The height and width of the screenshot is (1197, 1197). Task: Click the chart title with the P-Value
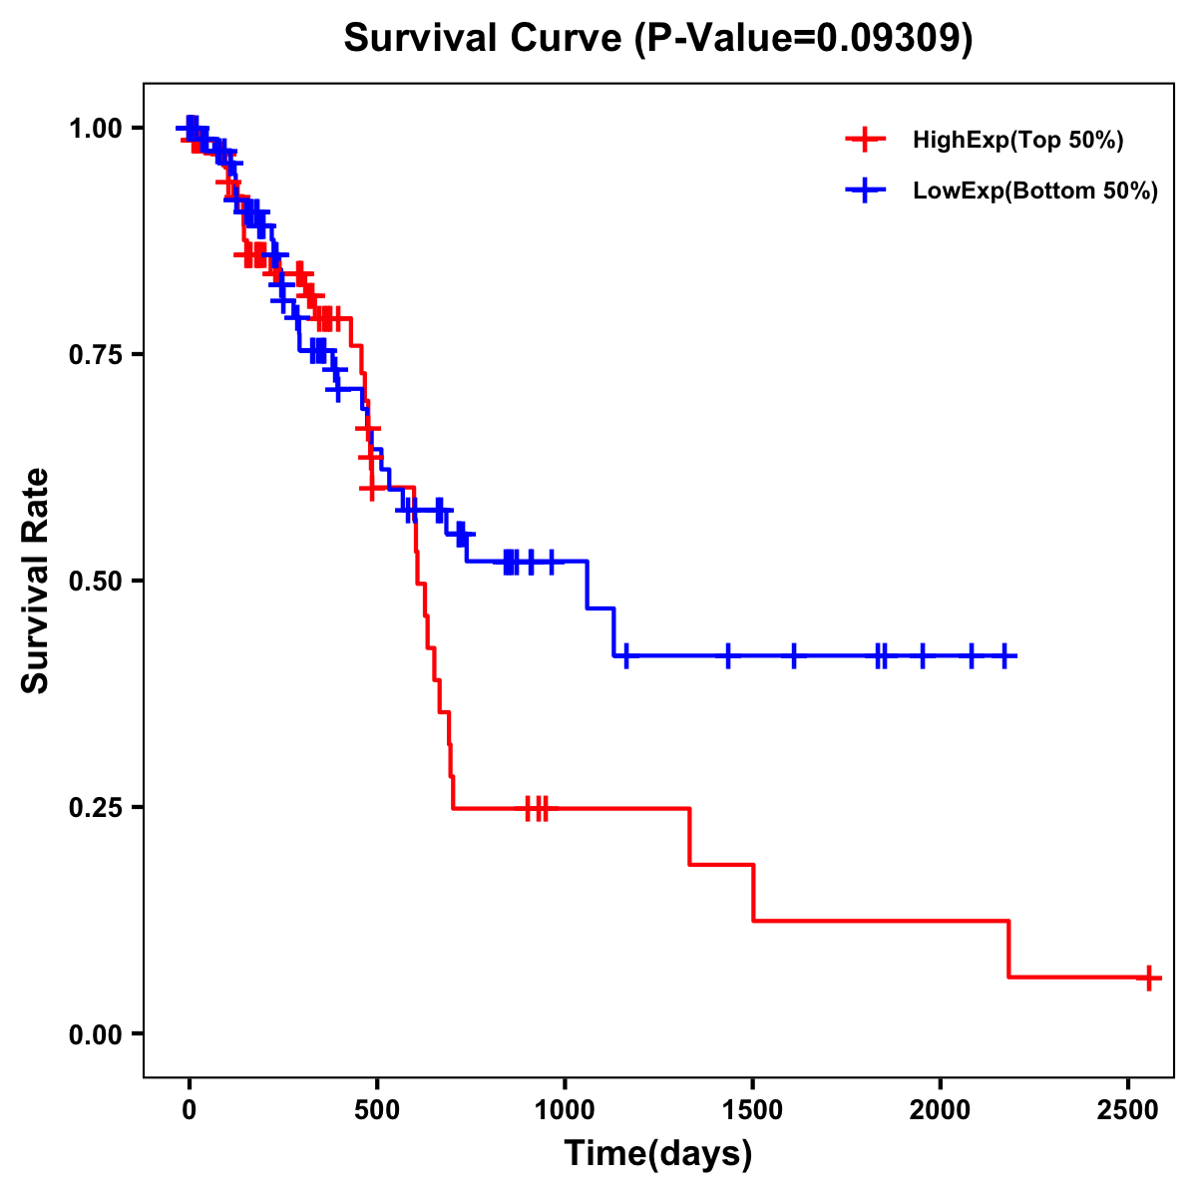point(657,39)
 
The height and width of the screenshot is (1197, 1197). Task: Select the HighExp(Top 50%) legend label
point(1017,141)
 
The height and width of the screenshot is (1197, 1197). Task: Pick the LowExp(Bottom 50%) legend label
point(1035,192)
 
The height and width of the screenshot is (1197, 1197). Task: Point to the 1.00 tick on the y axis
point(95,129)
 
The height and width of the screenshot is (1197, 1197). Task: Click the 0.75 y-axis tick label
point(95,355)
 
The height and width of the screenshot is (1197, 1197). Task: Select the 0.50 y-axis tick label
point(95,582)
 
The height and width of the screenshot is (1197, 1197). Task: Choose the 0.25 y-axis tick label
point(95,808)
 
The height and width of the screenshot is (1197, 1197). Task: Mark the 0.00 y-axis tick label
point(95,1034)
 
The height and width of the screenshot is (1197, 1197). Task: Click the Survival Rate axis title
point(36,581)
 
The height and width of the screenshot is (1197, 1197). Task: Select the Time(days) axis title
point(658,1154)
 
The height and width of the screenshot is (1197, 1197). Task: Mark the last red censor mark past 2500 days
point(1149,978)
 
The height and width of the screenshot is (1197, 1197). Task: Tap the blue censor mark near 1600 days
point(794,656)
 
